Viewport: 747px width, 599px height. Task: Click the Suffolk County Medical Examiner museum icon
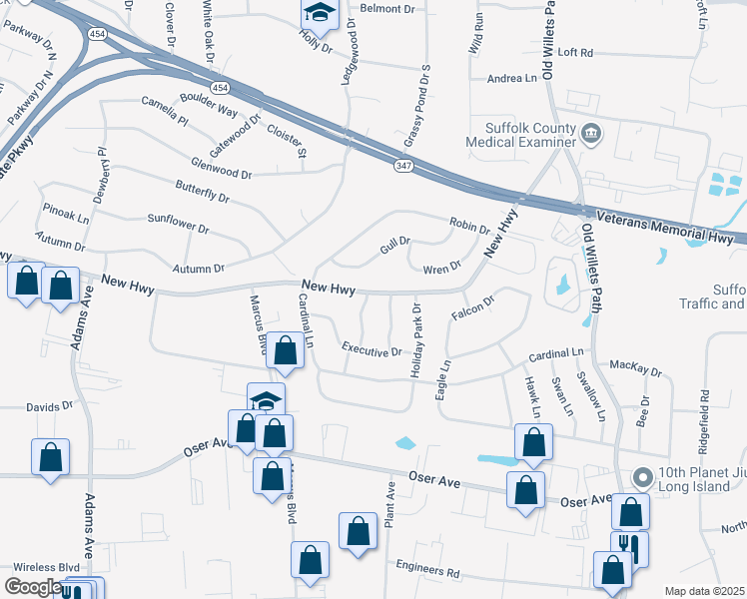pyautogui.click(x=590, y=133)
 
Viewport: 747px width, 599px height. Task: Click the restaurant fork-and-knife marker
pyautogui.click(x=629, y=546)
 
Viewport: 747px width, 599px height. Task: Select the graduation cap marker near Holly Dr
pyautogui.click(x=320, y=12)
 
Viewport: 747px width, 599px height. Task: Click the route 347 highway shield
pyautogui.click(x=403, y=165)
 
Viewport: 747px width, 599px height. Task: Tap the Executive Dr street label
pyautogui.click(x=371, y=351)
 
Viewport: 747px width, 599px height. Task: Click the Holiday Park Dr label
pyautogui.click(x=417, y=339)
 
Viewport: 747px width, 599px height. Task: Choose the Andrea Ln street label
pyautogui.click(x=512, y=78)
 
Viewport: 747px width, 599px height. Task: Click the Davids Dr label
pyautogui.click(x=50, y=407)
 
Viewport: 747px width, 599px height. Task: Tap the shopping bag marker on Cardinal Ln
pyautogui.click(x=286, y=350)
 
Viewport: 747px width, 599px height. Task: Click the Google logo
pyautogui.click(x=33, y=588)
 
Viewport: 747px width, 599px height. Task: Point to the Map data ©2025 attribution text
pyautogui.click(x=704, y=591)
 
